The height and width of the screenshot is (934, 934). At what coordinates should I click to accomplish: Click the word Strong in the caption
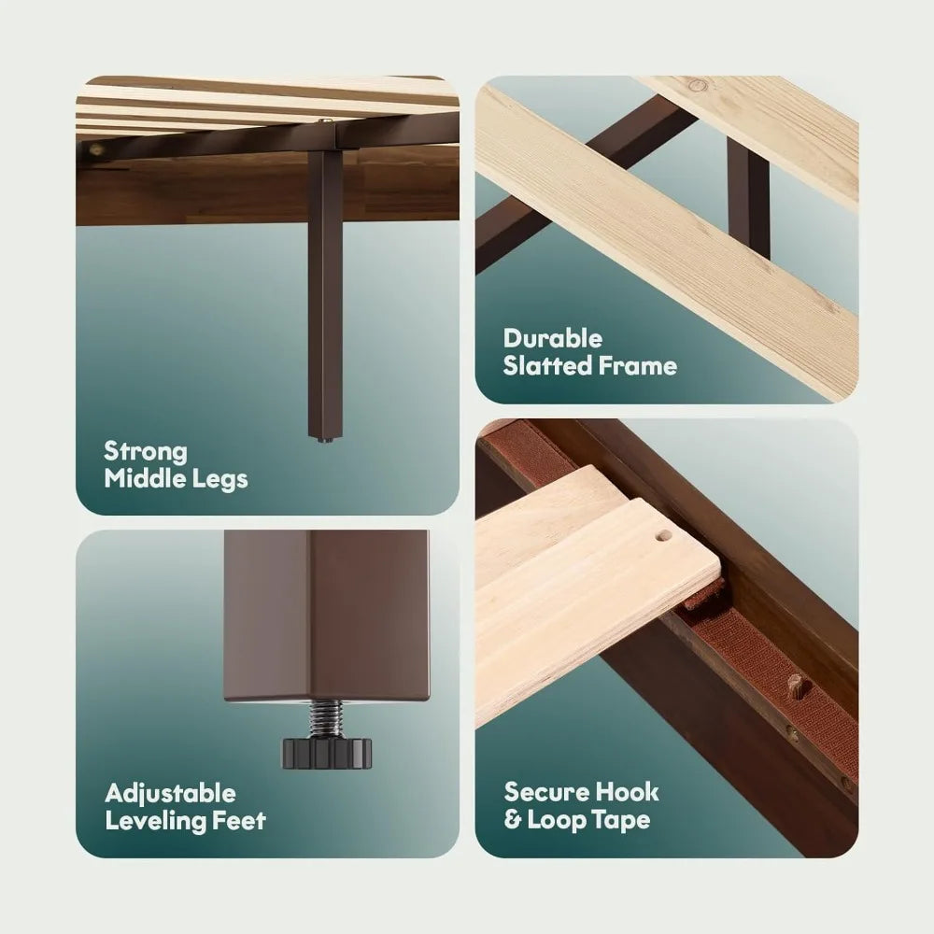click(x=146, y=452)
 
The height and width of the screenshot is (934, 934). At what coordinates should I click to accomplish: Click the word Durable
click(x=553, y=338)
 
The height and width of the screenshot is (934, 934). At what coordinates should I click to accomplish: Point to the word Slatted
click(x=546, y=365)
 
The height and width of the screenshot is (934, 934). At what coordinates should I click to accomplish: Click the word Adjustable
click(x=170, y=794)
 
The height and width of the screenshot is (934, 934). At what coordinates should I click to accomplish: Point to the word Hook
click(x=628, y=792)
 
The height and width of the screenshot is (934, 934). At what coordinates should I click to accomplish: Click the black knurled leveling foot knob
click(x=326, y=752)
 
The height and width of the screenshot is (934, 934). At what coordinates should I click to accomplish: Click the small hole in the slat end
click(x=661, y=535)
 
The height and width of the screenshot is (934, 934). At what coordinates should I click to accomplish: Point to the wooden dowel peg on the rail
click(x=796, y=686)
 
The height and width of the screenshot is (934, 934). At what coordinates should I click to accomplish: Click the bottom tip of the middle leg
click(x=325, y=442)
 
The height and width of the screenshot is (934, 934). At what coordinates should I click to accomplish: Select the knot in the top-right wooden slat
click(x=698, y=85)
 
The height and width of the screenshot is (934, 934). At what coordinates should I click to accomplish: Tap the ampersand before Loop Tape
click(x=512, y=820)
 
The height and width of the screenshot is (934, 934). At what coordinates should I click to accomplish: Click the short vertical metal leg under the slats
click(x=748, y=200)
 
